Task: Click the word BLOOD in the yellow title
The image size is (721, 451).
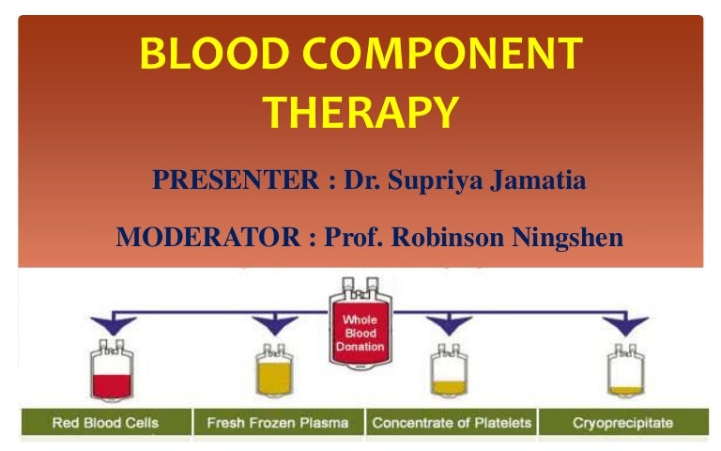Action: click(x=214, y=54)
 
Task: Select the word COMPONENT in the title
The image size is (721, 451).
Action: click(x=442, y=54)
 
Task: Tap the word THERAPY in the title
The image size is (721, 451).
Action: click(x=360, y=113)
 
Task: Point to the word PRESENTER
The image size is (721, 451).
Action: click(x=236, y=179)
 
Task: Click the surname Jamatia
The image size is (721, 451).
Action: click(x=538, y=180)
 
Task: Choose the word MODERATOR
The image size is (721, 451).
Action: click(x=208, y=237)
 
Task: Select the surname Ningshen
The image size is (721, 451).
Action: click(x=568, y=238)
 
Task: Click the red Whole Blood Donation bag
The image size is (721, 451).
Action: click(x=360, y=323)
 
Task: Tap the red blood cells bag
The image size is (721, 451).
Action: click(x=112, y=370)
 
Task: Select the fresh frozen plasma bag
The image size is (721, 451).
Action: click(x=274, y=371)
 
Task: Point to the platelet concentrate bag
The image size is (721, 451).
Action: click(x=449, y=371)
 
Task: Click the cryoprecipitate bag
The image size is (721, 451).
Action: click(x=625, y=371)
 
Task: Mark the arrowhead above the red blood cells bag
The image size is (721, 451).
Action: click(x=113, y=324)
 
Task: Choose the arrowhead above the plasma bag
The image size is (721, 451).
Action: click(x=274, y=324)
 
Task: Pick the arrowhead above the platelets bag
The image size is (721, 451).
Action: click(x=449, y=324)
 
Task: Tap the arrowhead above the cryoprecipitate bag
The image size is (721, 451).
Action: click(x=625, y=324)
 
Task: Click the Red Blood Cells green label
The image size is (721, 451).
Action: click(x=106, y=422)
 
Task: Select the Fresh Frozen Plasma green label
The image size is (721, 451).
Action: click(x=278, y=422)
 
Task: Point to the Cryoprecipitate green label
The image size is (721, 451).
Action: click(x=623, y=422)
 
